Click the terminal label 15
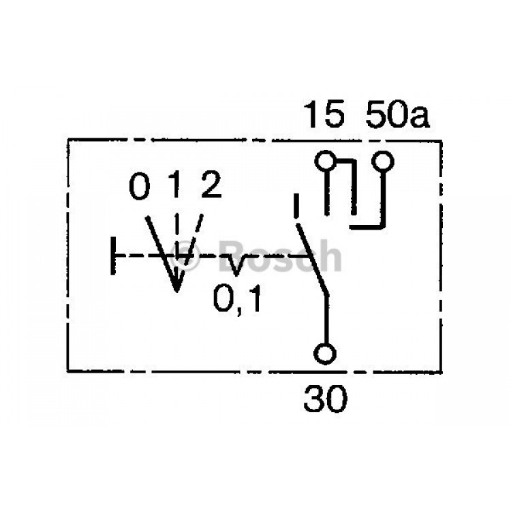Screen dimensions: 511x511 tap(324, 114)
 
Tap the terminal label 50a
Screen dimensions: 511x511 tap(397, 114)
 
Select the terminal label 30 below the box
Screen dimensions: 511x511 tap(325, 399)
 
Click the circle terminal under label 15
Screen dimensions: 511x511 tap(325, 161)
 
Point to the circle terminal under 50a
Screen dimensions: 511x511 tap(383, 161)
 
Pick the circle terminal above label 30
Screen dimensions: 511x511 tap(324, 354)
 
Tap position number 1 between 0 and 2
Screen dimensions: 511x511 tap(176, 185)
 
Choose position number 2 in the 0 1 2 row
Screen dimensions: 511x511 tap(211, 185)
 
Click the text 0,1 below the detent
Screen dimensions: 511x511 tap(237, 299)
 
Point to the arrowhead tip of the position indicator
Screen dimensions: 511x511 tap(176, 291)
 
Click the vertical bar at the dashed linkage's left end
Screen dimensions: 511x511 tap(113, 255)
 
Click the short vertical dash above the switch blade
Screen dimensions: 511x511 tap(296, 205)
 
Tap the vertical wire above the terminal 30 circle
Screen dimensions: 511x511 tap(326, 320)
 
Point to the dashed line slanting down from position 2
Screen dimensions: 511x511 tap(193, 240)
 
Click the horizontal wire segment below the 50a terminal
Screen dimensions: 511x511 tap(367, 226)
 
